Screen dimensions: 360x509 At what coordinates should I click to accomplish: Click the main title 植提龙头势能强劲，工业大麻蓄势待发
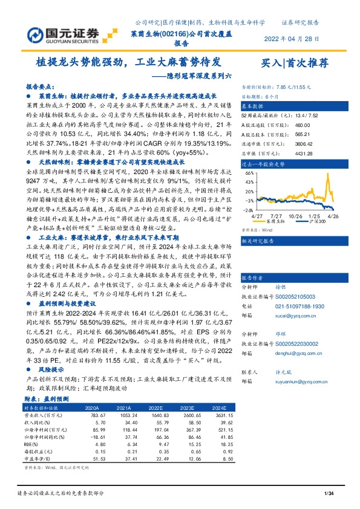click(x=128, y=62)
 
